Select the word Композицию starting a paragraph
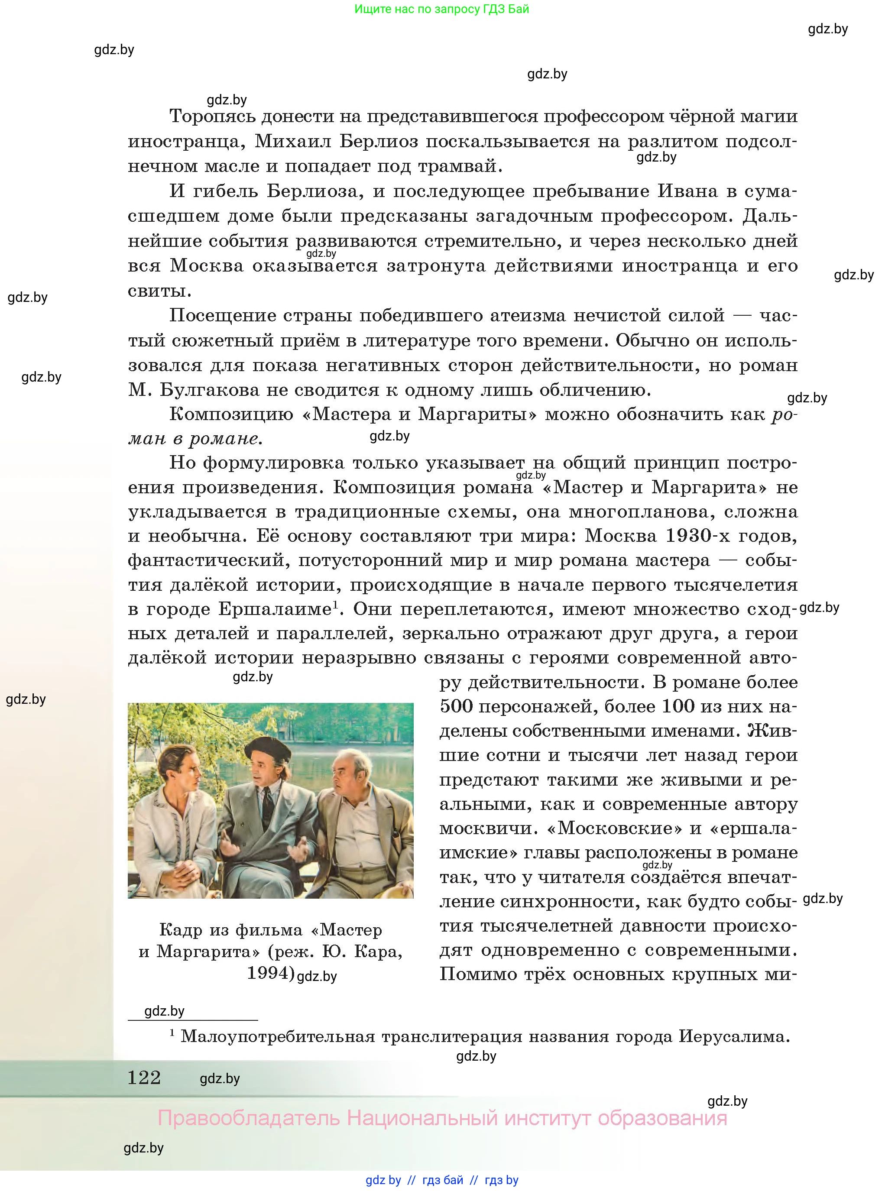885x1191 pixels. point(231,414)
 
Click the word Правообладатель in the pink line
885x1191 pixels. point(249,1118)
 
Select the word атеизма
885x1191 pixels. point(528,315)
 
